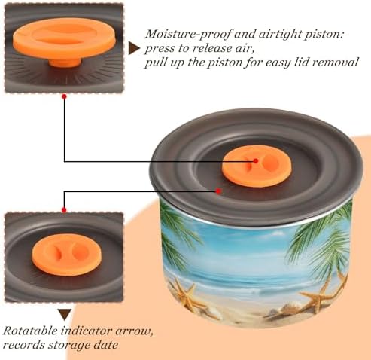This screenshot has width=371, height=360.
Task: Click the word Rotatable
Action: tap(30, 331)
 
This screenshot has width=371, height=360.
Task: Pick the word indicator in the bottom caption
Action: tap(86, 331)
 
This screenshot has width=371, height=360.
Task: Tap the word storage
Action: tap(66, 345)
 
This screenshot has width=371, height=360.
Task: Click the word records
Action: tap(23, 345)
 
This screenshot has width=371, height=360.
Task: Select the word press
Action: tap(160, 48)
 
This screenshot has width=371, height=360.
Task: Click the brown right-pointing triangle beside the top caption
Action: tap(134, 48)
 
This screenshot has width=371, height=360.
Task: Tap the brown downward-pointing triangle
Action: tap(65, 315)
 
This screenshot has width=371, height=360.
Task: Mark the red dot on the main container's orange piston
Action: tap(256, 160)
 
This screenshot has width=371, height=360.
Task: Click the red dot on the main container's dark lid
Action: tap(218, 191)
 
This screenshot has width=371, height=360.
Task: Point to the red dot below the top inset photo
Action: tap(64, 96)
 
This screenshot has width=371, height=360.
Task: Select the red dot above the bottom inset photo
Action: tap(64, 210)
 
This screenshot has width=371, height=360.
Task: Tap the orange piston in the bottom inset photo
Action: tap(66, 255)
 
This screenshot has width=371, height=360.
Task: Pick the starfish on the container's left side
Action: tap(186, 293)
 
